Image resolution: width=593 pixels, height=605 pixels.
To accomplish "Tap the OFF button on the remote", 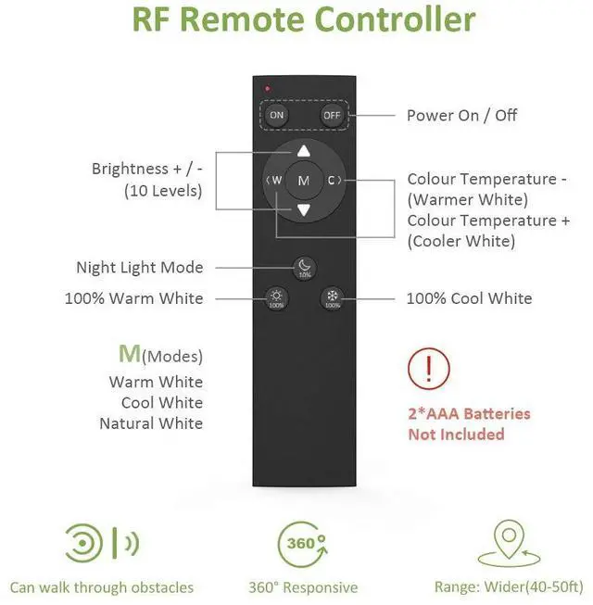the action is coord(332,115).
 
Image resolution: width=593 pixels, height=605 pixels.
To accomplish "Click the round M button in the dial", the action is coord(304,181).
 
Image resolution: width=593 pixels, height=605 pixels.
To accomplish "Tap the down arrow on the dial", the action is coord(304,210).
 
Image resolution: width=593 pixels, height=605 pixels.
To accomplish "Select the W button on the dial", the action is coord(274,180).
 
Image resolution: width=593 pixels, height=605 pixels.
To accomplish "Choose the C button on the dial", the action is coord(334,180).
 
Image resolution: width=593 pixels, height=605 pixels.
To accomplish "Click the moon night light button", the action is coord(305,268).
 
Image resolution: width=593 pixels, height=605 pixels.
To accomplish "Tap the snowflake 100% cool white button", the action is coord(333,298).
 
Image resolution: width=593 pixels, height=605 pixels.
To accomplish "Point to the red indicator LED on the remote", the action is coord(268,89).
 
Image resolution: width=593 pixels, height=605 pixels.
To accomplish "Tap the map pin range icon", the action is coord(510,543).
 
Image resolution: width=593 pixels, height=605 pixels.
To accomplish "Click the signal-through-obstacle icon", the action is coord(102,543).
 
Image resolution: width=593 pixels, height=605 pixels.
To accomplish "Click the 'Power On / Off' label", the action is coord(461,116).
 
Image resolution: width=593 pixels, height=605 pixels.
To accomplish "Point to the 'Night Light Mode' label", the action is coord(140,268).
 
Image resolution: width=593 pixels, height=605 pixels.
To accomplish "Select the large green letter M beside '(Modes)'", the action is coord(130,353).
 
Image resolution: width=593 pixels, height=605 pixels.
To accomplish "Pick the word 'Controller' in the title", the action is coord(395,19).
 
